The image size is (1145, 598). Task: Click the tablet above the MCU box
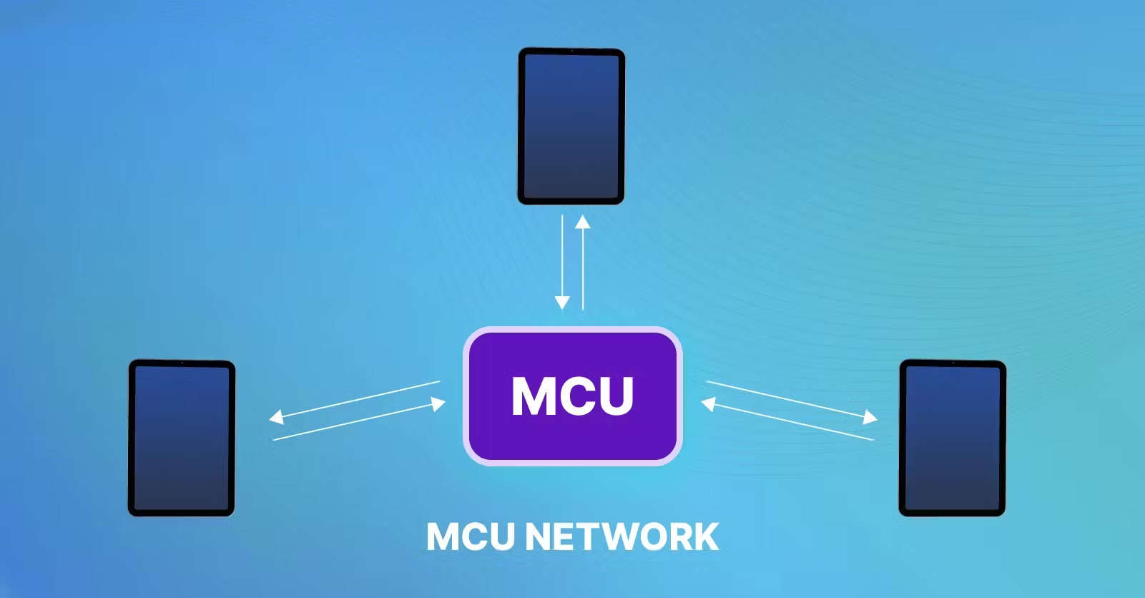pos(571,126)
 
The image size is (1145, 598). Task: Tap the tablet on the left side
pos(182,438)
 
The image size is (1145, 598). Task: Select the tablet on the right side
pos(952,438)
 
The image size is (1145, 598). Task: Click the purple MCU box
pos(573,396)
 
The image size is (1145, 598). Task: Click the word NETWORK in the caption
pos(621,536)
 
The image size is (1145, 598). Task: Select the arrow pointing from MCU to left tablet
pos(354,399)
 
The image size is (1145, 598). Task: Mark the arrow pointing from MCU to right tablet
pos(790,400)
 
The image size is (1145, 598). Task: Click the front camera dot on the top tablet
pos(571,52)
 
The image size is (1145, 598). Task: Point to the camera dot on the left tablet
pos(182,363)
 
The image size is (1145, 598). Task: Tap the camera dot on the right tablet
pos(953,363)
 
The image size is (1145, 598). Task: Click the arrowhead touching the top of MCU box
pos(562,303)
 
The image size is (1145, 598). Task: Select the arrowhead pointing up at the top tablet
pos(583,221)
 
